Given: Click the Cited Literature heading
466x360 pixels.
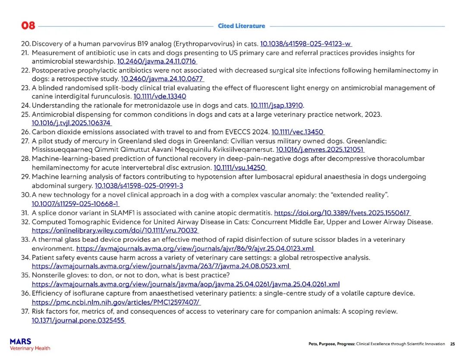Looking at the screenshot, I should pos(241,26).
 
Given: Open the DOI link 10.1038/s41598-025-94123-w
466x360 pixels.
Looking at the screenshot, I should pos(306,44).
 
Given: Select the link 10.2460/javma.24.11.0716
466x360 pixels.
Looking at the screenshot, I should pos(157,61).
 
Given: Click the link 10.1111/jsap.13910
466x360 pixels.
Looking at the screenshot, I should pos(277,105).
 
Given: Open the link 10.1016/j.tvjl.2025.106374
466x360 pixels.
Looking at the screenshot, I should pos(72,123).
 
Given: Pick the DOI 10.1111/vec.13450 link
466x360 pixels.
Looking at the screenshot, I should pos(298,132).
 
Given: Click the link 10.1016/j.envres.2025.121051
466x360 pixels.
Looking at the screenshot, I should pos(320,150).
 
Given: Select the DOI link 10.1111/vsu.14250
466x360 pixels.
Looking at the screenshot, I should pos(240,167).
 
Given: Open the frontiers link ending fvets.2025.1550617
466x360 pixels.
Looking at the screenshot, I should pos(342,213).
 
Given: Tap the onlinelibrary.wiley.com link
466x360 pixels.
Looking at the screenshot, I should pos(115,231).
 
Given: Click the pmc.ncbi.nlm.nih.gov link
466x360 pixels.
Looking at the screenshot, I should pos(116,302).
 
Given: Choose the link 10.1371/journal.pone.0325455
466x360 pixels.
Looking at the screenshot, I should pos(79,320).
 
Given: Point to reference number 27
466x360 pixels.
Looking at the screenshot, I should pos(25,141).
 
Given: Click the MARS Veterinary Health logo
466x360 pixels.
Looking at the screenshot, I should pos(30,344).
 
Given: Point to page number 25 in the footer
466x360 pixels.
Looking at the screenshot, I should pos(452,344).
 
